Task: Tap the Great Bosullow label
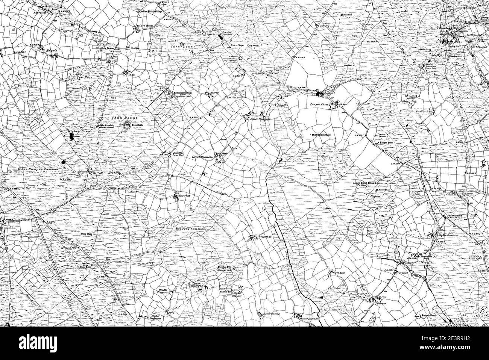(x=203, y=156)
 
